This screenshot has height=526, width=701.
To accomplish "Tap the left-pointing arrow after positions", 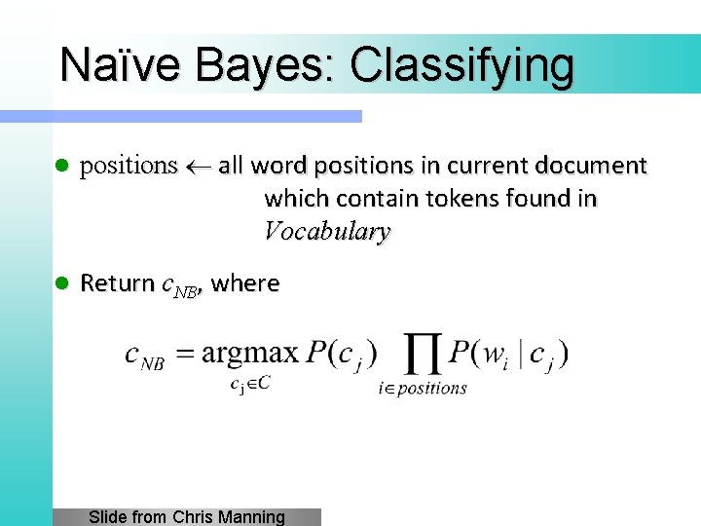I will (198, 167).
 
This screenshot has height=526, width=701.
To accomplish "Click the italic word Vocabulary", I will (327, 232).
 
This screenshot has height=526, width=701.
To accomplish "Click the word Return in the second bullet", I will (117, 283).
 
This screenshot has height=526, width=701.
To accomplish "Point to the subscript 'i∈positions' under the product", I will (423, 388).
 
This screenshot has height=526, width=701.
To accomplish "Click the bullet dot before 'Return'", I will (59, 283).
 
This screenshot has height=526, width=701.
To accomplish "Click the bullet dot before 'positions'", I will (59, 167).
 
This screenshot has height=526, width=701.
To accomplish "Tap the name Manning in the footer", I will (252, 517).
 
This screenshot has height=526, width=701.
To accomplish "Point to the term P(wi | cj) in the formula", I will (508, 353).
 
